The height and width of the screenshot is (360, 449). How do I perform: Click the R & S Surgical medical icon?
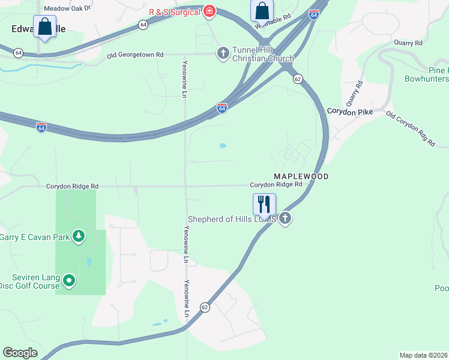click(209, 11)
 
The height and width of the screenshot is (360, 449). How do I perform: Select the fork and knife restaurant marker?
click(264, 205)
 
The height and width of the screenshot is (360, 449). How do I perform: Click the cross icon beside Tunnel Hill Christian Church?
click(223, 53)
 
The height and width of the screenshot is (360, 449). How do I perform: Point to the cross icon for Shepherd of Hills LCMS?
click(285, 219)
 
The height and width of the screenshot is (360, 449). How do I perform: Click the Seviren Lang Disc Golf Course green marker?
click(69, 280)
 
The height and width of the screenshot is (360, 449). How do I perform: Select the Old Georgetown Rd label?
click(135, 55)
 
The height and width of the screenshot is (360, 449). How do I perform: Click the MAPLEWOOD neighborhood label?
click(301, 176)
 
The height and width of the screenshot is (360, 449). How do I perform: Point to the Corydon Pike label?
click(349, 112)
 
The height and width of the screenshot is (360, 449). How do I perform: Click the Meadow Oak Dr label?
click(67, 8)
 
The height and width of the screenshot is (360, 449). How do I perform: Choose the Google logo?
click(20, 353)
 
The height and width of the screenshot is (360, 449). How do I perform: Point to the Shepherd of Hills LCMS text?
click(232, 220)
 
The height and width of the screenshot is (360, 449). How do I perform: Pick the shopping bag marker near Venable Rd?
click(262, 11)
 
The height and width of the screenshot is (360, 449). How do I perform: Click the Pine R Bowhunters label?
click(426, 74)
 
